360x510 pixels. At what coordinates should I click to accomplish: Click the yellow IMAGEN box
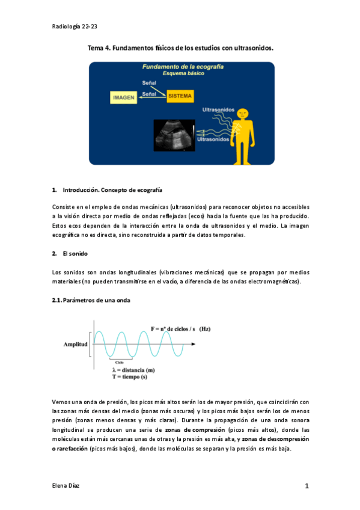[x=124, y=96]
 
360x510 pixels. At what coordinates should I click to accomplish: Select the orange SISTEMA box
[x=180, y=96]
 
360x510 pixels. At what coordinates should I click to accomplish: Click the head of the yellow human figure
[x=242, y=112]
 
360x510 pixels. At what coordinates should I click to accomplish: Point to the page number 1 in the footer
[x=306, y=487]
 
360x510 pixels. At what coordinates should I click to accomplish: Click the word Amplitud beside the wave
[x=76, y=345]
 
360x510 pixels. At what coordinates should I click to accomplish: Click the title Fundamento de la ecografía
[x=183, y=67]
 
